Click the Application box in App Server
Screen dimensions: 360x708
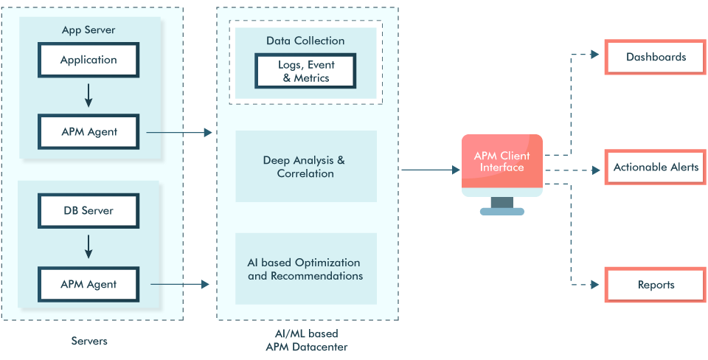pos(88,60)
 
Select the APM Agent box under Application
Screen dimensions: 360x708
pos(88,133)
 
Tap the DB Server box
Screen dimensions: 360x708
pos(88,211)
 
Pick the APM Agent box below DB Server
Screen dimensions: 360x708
pos(88,283)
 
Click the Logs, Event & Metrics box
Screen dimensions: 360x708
pos(305,71)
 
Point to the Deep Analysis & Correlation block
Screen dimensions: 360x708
pos(305,167)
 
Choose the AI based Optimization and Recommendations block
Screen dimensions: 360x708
pos(305,269)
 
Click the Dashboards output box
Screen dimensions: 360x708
pos(656,57)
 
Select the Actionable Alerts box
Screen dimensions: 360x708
pos(656,167)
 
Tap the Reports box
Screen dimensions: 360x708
pos(656,285)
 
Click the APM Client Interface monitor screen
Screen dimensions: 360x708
pos(502,162)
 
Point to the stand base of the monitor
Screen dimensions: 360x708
pos(502,211)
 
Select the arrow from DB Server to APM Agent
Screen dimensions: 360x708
pos(88,246)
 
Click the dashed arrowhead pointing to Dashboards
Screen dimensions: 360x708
pos(595,55)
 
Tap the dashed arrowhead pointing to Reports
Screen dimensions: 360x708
pos(595,284)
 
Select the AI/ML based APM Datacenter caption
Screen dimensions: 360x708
pos(306,341)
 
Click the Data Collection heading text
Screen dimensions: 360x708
pos(305,41)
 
